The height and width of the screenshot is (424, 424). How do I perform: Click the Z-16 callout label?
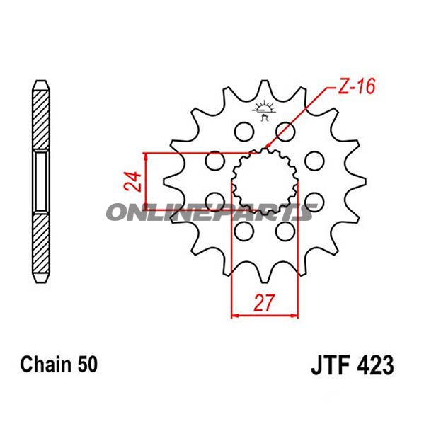click(353, 88)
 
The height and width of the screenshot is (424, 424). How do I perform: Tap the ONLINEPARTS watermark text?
click(209, 212)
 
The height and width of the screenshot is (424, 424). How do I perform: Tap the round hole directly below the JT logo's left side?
click(242, 132)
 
